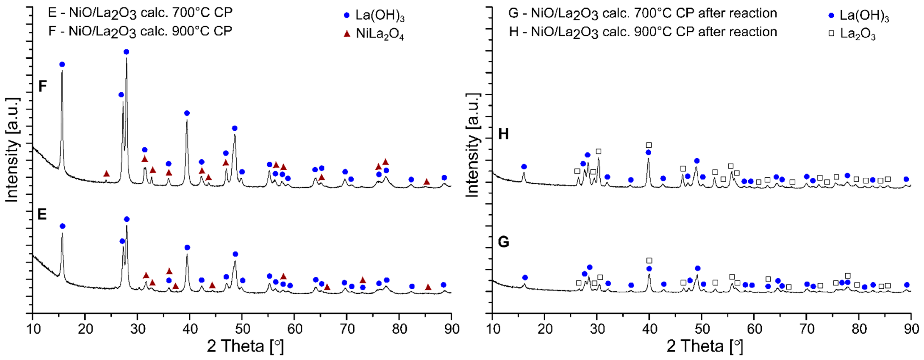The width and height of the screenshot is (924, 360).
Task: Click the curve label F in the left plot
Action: point(43,87)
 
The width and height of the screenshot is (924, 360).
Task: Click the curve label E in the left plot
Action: point(42,214)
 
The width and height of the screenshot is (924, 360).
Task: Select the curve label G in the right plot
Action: point(504,242)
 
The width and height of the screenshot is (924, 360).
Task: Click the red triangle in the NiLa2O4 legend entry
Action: point(347,34)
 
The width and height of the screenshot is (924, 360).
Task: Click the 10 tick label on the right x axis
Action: point(493,329)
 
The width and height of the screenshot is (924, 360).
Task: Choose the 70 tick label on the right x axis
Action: point(806,329)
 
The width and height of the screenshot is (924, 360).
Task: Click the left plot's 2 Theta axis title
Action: point(245,346)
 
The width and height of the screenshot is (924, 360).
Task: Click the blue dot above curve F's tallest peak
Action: point(126,52)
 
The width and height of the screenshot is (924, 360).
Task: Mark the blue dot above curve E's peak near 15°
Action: point(62,226)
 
